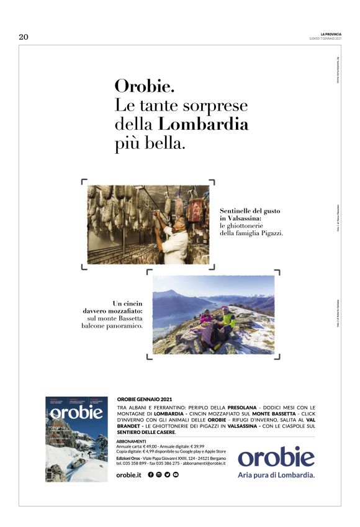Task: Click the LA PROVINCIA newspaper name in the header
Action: pyautogui.click(x=328, y=34)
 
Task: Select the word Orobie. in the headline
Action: pyautogui.click(x=140, y=85)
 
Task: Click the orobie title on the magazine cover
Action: pyautogui.click(x=76, y=413)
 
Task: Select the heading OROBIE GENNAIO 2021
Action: pyautogui.click(x=145, y=399)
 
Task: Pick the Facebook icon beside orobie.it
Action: pyautogui.click(x=151, y=475)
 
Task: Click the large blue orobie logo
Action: pyautogui.click(x=276, y=457)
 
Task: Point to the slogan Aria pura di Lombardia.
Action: pyautogui.click(x=276, y=475)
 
